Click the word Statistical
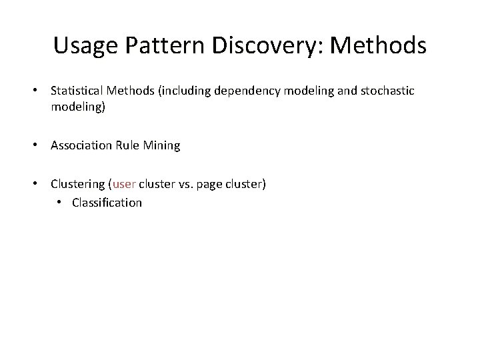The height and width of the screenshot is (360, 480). click(x=76, y=90)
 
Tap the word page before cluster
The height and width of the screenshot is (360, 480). click(x=211, y=184)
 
